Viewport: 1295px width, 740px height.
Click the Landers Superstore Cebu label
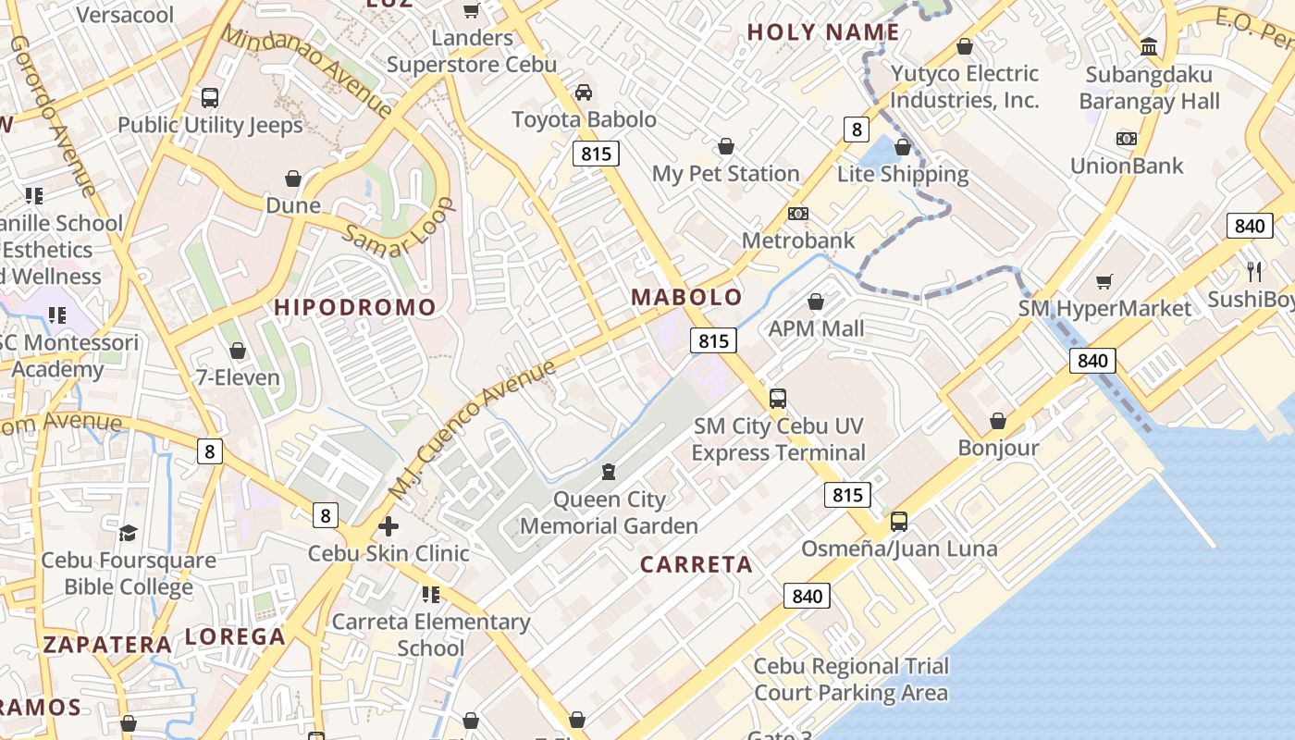472,51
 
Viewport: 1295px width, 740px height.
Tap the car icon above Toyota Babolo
584,92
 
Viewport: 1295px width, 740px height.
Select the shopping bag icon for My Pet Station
726,146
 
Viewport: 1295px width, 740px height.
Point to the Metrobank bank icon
798,214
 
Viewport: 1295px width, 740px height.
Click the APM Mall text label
816,328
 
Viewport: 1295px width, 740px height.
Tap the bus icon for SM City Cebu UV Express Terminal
778,399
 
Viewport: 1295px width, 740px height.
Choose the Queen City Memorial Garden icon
609,473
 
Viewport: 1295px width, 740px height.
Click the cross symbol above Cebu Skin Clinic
388,526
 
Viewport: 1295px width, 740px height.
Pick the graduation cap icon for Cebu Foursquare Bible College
128,533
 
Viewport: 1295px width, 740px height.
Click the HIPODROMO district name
355,307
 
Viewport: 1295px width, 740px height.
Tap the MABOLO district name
686,297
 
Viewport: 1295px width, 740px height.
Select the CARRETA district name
696,564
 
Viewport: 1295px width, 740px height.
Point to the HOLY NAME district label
823,32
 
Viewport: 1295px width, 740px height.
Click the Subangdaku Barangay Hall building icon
1149,46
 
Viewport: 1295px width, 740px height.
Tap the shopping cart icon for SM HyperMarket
1104,281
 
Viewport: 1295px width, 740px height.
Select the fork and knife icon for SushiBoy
1254,271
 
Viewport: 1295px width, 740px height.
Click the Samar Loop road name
399,229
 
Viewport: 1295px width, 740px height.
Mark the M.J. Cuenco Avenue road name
472,427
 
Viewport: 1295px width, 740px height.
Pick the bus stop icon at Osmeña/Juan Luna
899,522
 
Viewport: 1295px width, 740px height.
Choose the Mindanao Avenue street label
308,70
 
